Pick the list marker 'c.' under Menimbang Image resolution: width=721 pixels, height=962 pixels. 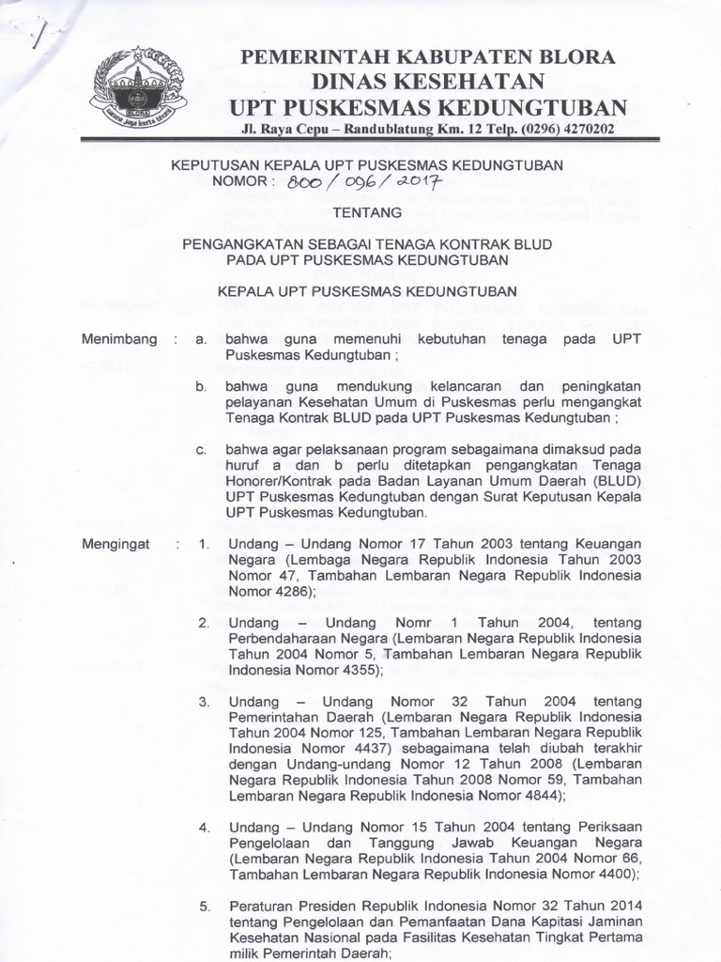(x=202, y=451)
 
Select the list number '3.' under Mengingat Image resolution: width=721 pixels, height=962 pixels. (x=203, y=702)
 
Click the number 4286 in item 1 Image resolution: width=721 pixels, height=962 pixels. (x=294, y=592)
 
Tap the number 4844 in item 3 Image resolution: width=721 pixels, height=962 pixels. (x=539, y=795)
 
